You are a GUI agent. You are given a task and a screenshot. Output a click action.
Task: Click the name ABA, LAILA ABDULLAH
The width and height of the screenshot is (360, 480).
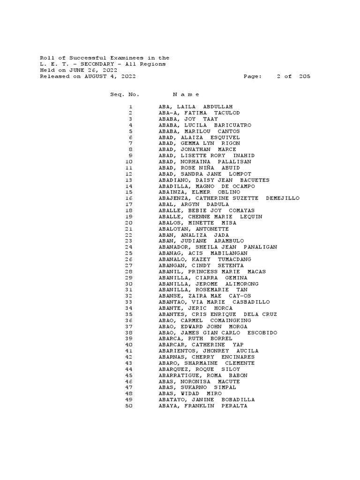(195, 107)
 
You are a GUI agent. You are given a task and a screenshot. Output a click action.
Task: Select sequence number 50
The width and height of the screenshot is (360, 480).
(129, 406)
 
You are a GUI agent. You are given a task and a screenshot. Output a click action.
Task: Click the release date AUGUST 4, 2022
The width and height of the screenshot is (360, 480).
(107, 76)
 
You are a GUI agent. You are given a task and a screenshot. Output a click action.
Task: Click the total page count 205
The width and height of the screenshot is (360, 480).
(304, 76)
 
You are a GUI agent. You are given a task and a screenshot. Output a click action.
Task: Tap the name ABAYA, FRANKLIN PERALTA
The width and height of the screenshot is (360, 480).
(203, 406)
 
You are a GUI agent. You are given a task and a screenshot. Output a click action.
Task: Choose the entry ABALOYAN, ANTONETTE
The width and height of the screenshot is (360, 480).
(194, 229)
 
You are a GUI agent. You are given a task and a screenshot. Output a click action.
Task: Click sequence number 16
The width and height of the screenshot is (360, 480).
(129, 198)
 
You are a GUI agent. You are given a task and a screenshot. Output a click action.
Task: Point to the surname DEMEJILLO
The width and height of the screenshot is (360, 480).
(282, 198)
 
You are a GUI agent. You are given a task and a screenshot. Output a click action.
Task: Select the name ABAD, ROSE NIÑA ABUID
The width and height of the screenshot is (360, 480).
(199, 168)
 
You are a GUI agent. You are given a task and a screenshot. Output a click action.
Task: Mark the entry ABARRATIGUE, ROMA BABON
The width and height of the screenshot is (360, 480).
(203, 375)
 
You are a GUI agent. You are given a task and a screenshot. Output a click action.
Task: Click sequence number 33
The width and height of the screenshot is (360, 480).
(129, 302)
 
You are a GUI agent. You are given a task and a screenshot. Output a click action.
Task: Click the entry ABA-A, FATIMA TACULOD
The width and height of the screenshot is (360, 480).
(199, 113)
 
